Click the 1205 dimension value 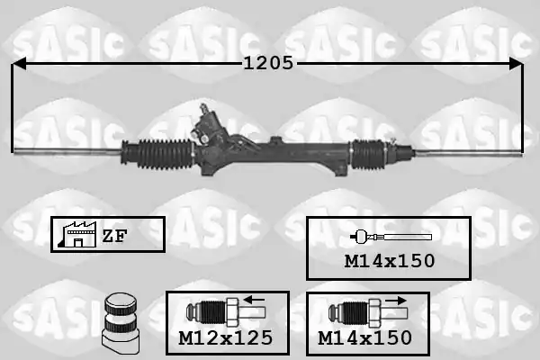pos(268,63)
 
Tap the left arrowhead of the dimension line pos(19,63)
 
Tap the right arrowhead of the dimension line pos(517,64)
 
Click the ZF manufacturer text pos(114,236)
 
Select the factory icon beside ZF pos(77,235)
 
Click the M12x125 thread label pos(226,338)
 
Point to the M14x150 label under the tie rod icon pos(390,261)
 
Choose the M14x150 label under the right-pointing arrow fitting pos(364,338)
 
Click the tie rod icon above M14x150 pos(391,237)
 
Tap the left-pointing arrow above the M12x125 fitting pos(254,300)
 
